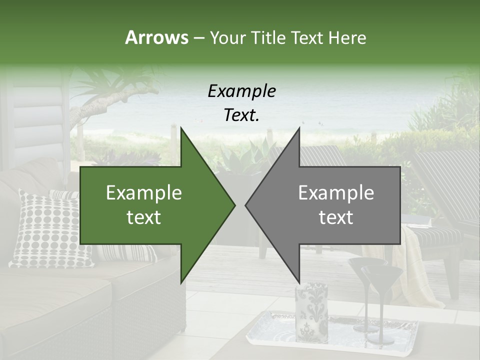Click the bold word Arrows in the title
click(x=157, y=37)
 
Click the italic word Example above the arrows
click(x=241, y=91)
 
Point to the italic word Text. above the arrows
click(x=241, y=115)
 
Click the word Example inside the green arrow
click(x=144, y=193)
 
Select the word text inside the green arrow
click(x=144, y=217)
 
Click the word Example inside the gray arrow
click(x=336, y=193)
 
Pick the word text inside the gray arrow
click(x=336, y=217)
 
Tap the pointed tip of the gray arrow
click(x=246, y=205)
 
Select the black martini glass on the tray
click(x=381, y=300)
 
